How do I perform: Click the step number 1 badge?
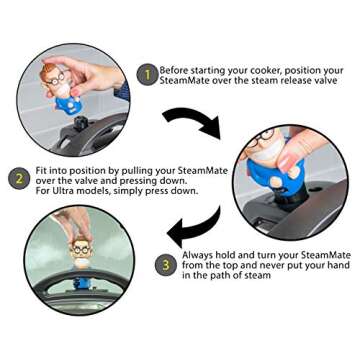point(147,75)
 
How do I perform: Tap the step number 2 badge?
point(19,178)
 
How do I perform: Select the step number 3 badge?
point(166,265)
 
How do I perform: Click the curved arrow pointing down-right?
point(193,122)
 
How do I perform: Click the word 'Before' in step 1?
point(174,71)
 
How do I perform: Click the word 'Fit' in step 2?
point(41,171)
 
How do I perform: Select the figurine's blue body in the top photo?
point(68,104)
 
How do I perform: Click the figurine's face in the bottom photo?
point(81,252)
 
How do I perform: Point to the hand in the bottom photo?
point(71,223)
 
